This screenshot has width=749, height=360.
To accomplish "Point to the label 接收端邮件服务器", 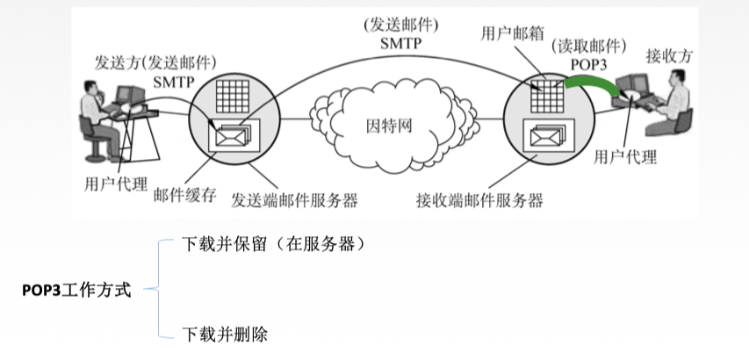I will pos(479,199).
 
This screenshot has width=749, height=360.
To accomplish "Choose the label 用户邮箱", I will pos(510,33).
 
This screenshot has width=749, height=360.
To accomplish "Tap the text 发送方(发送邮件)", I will pos(155,63).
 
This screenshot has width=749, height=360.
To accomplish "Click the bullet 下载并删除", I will pos(224,335).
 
